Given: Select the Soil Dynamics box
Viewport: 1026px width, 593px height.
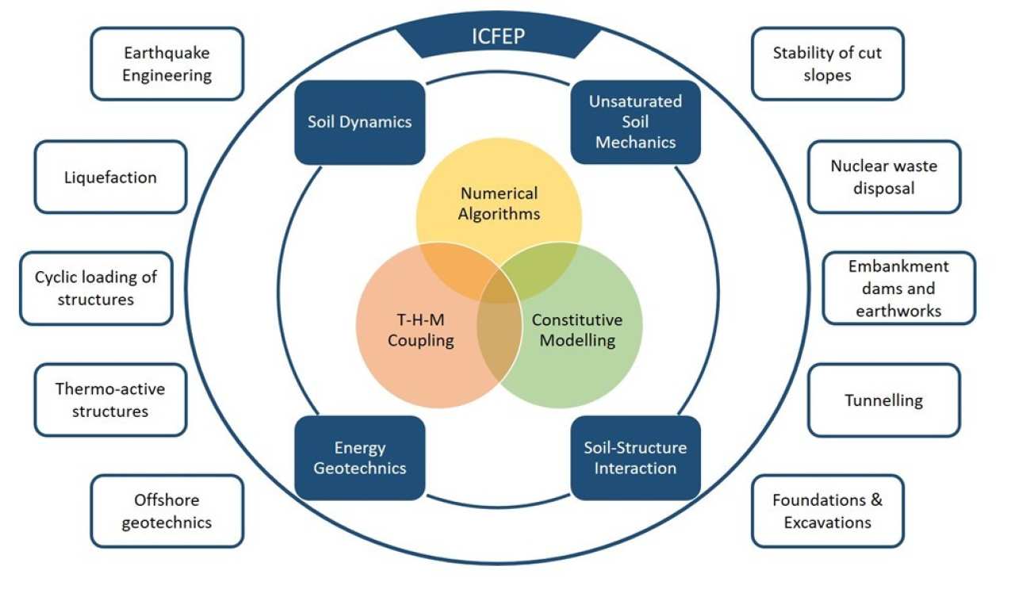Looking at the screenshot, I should click(x=360, y=122).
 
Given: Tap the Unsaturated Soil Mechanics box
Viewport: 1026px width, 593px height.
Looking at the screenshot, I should click(x=635, y=122).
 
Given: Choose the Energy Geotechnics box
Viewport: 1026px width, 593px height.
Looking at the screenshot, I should click(x=360, y=458).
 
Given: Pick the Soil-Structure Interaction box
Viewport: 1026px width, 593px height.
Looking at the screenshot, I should click(x=635, y=458).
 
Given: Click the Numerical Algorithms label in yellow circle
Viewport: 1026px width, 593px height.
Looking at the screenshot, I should click(x=499, y=203).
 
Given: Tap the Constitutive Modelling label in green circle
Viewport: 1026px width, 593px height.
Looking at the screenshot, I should click(x=577, y=331).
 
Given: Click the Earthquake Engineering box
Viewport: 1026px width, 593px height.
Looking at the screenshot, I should click(x=167, y=64).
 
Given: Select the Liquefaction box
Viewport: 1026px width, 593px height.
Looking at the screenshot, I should click(x=110, y=177).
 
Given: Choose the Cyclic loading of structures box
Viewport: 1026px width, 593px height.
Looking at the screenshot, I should click(x=96, y=289).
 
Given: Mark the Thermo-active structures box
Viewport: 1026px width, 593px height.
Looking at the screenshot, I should click(x=110, y=400).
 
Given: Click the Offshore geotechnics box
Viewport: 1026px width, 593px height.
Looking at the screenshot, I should click(x=167, y=511).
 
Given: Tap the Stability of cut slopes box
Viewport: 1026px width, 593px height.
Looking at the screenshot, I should click(x=827, y=64).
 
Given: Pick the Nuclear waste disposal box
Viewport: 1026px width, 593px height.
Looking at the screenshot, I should click(x=884, y=177).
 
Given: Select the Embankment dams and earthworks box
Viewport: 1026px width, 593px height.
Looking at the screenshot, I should click(x=898, y=289).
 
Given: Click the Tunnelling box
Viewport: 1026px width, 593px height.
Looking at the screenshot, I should click(x=884, y=400).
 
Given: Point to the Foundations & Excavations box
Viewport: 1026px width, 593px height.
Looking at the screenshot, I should click(x=827, y=511).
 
